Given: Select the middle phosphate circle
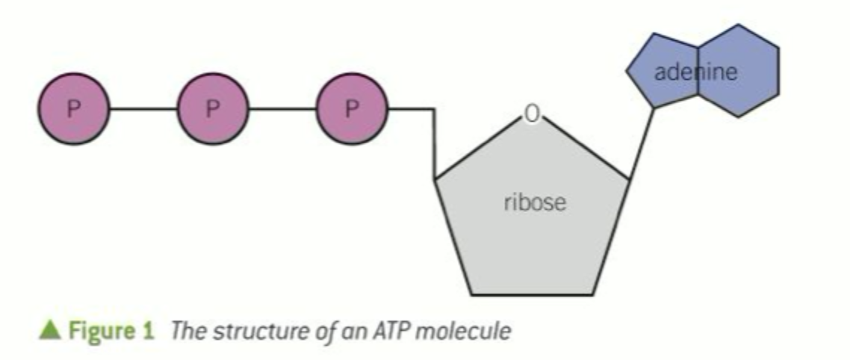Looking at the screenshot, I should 213,109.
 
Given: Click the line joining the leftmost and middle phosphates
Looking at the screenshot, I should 144,109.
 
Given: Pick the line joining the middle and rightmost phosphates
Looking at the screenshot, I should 282,109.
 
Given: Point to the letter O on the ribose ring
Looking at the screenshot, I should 531,114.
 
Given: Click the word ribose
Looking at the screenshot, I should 535,202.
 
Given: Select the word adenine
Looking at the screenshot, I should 695,72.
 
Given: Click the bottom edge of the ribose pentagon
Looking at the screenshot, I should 533,294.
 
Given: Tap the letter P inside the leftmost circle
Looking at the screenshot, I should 73,109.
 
